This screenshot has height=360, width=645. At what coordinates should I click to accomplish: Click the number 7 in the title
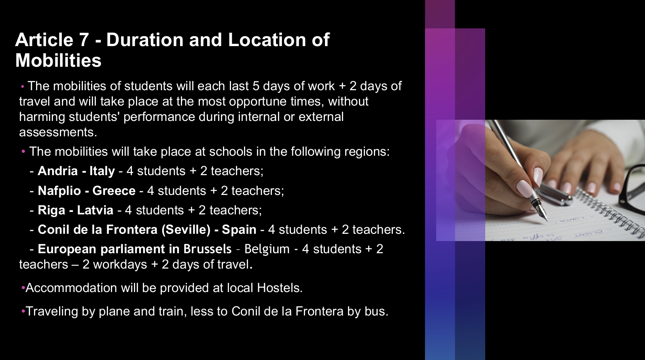(x=83, y=40)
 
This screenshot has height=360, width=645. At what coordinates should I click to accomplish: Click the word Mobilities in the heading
(x=58, y=60)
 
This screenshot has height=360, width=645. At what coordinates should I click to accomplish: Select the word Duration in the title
(x=145, y=40)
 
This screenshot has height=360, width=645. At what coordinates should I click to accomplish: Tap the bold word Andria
(x=57, y=171)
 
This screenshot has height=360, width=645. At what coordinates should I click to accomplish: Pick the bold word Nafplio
(x=59, y=191)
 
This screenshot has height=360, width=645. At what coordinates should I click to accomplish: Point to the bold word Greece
(x=114, y=191)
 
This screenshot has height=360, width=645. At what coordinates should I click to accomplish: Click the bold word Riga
(x=51, y=210)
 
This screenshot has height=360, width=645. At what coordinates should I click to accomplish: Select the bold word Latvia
(x=95, y=210)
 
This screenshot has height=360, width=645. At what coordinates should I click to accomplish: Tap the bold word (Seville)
(x=186, y=230)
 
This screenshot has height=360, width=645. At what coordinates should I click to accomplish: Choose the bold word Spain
(x=239, y=230)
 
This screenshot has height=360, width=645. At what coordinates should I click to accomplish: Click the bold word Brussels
(x=207, y=249)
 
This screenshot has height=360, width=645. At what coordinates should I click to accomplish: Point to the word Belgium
(x=267, y=249)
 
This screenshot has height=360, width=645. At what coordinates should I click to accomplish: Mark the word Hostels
(x=280, y=288)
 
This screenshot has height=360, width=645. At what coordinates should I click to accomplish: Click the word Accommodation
(x=71, y=288)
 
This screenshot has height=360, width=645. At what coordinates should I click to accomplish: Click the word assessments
(x=58, y=132)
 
